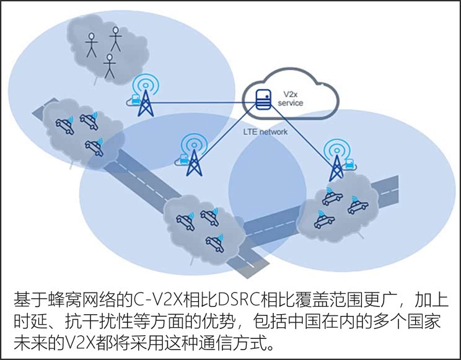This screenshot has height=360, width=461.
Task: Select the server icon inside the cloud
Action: tap(263, 99)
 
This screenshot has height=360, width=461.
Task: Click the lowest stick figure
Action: tap(110, 66)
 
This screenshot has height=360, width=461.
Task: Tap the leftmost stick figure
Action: tap(92, 45)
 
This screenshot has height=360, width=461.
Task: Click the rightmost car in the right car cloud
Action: tap(358, 206)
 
